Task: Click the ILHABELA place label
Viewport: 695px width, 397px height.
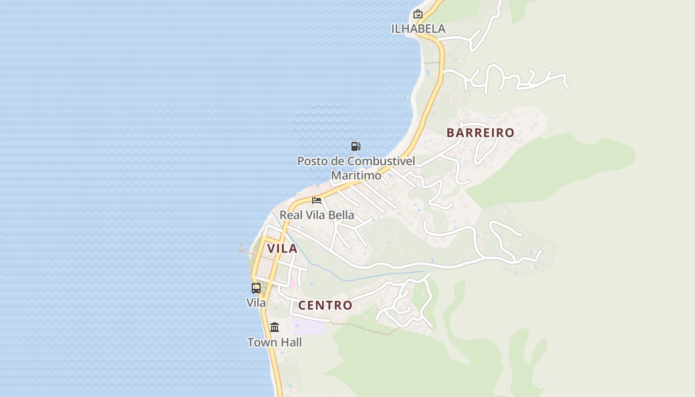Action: [418, 29]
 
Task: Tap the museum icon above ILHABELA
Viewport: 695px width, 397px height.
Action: [417, 14]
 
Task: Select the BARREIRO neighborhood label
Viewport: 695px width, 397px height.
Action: [480, 133]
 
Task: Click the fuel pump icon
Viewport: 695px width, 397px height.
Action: [355, 146]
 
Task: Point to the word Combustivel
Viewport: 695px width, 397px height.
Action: [381, 161]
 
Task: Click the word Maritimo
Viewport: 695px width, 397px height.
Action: [356, 175]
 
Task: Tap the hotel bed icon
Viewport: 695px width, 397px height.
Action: [317, 200]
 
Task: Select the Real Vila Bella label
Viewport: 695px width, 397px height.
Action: [317, 215]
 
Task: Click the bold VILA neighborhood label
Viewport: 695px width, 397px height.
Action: [282, 249]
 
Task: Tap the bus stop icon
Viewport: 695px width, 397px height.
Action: [256, 288]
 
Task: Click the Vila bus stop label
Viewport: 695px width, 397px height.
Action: [256, 302]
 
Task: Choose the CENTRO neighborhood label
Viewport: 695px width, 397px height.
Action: [325, 305]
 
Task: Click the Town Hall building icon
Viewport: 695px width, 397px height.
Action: [275, 328]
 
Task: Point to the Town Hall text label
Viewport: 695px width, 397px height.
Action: [275, 342]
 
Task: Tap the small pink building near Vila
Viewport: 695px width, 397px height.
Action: [293, 282]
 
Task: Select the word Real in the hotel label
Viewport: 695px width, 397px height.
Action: [291, 215]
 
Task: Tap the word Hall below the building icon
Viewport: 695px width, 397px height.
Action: [290, 342]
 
